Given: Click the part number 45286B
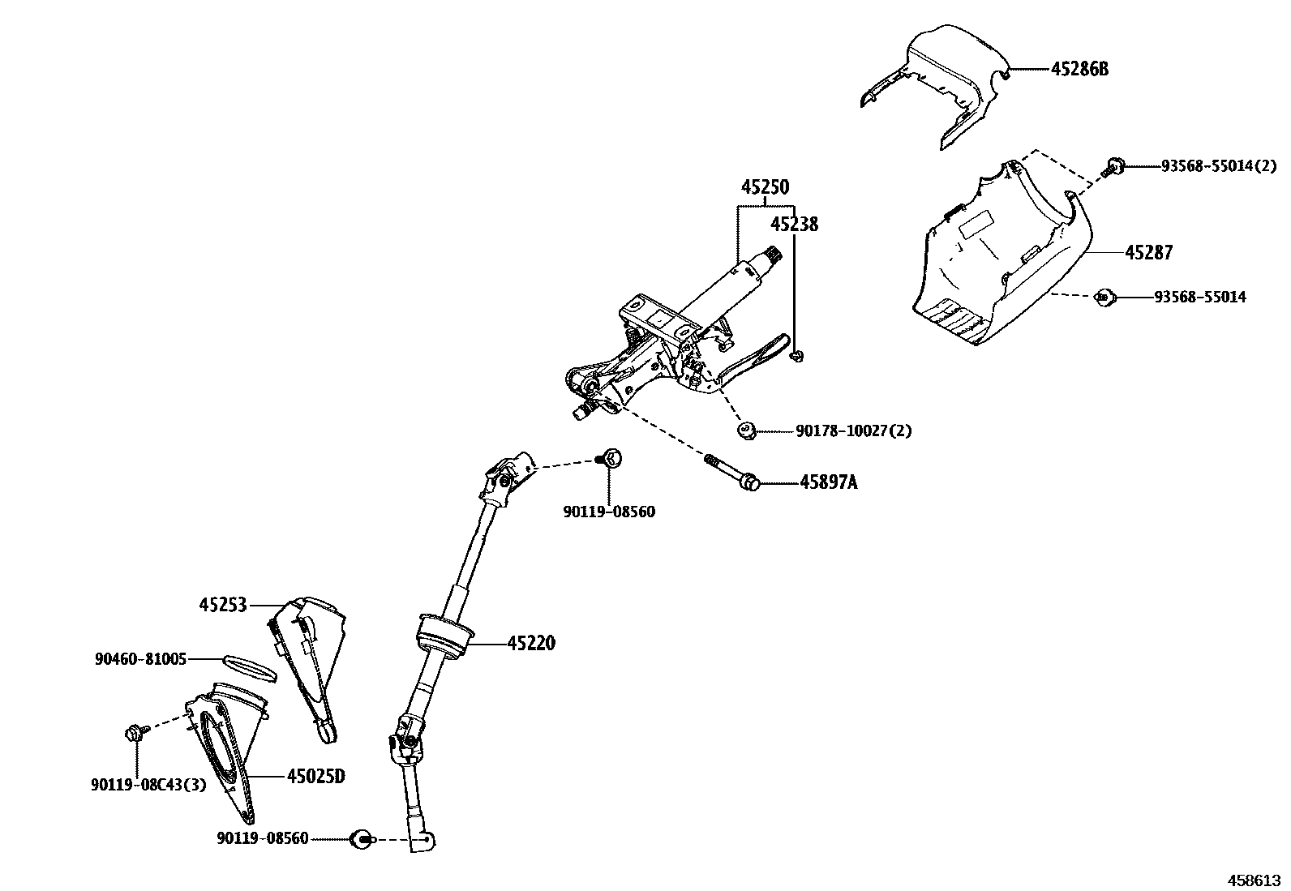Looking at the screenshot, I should click(1079, 69).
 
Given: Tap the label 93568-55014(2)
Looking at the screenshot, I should click(1219, 166).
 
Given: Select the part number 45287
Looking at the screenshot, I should click(1148, 252).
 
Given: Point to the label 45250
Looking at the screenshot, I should click(764, 187).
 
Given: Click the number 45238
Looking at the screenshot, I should click(794, 224).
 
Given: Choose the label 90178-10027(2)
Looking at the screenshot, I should click(853, 431).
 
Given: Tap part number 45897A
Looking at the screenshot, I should click(828, 482).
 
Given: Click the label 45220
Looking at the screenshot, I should click(531, 644).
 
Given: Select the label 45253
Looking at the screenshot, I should click(223, 605).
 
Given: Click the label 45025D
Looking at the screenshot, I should click(315, 776).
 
